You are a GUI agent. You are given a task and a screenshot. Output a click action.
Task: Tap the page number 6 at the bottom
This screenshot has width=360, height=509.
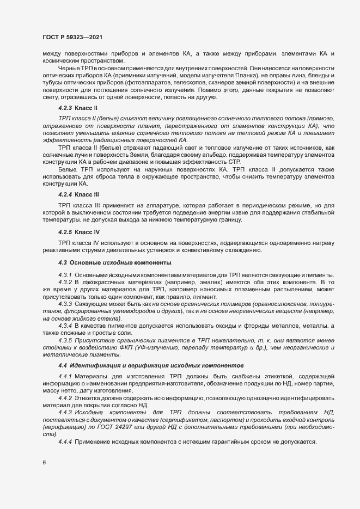44,463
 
